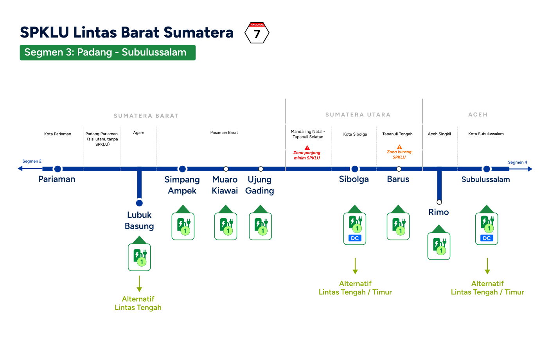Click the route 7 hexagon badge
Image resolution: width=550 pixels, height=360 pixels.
pos(257,32)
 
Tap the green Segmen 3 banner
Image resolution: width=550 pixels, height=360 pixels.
pos(108,52)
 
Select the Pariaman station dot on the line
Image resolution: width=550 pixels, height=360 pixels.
pos(58,169)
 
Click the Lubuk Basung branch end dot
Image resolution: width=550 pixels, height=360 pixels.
pos(139,203)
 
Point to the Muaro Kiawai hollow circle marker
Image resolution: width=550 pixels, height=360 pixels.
pos(226,169)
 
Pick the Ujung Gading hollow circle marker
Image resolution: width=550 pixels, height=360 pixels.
pos(261,169)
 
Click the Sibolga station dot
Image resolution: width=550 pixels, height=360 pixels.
pos(354,169)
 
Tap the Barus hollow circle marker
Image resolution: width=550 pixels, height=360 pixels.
pos(399,169)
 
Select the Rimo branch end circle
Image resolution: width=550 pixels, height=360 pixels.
pos(439,202)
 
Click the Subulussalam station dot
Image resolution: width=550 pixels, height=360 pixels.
pos(487,169)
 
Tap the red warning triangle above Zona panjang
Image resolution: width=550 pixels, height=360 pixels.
pos(307,147)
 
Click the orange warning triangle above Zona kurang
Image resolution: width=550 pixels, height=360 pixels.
pos(399,147)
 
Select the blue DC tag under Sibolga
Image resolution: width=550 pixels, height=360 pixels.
pos(355,238)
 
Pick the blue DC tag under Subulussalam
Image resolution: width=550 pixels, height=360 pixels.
pos(487,238)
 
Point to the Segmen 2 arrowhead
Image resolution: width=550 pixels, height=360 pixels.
pos(20,168)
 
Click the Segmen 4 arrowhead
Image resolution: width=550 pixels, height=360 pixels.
pos(530,169)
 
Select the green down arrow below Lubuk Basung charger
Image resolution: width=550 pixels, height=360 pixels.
pos(139,284)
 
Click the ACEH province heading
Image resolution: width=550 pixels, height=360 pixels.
pos(478,115)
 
